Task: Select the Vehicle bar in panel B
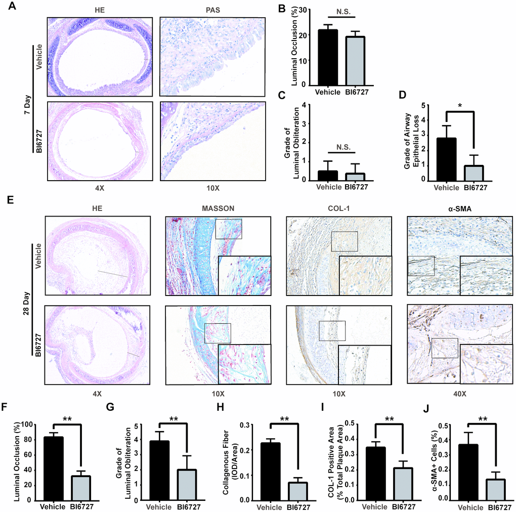click(329, 58)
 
